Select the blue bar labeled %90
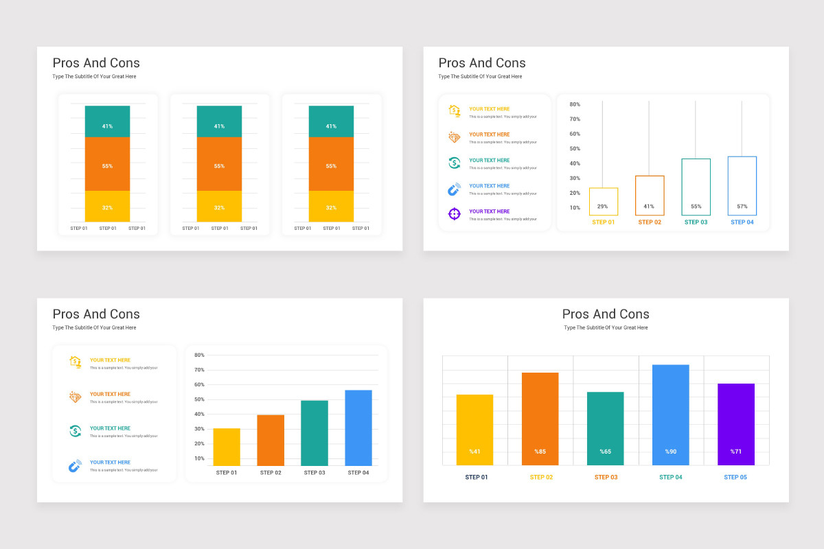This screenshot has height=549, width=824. click(670, 414)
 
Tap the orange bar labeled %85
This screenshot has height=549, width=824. click(540, 419)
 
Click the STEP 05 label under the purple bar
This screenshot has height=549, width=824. click(735, 477)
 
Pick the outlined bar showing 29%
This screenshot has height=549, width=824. click(604, 201)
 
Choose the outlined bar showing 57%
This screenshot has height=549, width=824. click(742, 186)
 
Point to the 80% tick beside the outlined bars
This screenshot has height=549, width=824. click(575, 104)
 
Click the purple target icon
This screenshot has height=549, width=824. click(454, 214)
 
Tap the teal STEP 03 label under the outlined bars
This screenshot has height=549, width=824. click(696, 222)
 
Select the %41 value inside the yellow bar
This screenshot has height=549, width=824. click(474, 452)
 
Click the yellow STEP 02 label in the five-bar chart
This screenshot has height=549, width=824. click(541, 477)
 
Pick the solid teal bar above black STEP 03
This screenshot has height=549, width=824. click(314, 433)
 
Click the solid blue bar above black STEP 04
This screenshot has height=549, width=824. click(358, 428)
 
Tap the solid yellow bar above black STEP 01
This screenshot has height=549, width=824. click(227, 447)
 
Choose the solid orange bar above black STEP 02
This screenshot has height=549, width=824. click(271, 440)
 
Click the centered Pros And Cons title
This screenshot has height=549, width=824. click(606, 314)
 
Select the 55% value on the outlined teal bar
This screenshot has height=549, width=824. click(696, 207)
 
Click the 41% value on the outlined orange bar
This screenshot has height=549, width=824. click(649, 207)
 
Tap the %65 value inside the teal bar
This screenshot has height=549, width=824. click(605, 452)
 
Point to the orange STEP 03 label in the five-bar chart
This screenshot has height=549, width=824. click(606, 477)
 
